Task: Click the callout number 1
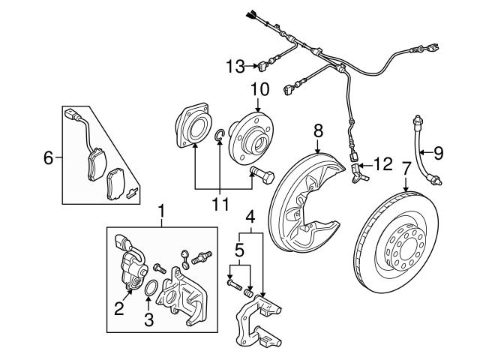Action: pos(160,211)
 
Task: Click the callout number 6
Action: pos(49,157)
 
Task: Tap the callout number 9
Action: pos(439,152)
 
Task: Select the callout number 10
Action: pos(259,89)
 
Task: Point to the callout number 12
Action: pos(383,162)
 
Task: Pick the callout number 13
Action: pos(234,67)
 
